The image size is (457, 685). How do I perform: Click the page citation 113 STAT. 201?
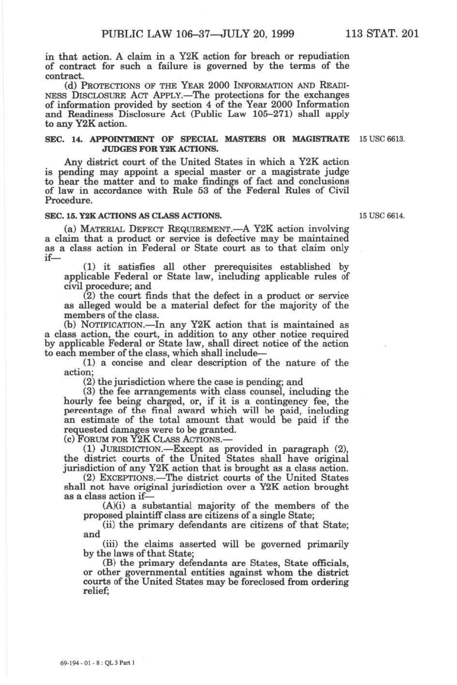[x=382, y=34]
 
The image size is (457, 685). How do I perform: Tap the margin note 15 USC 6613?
[x=382, y=139]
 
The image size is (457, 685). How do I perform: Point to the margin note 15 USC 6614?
[x=382, y=216]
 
